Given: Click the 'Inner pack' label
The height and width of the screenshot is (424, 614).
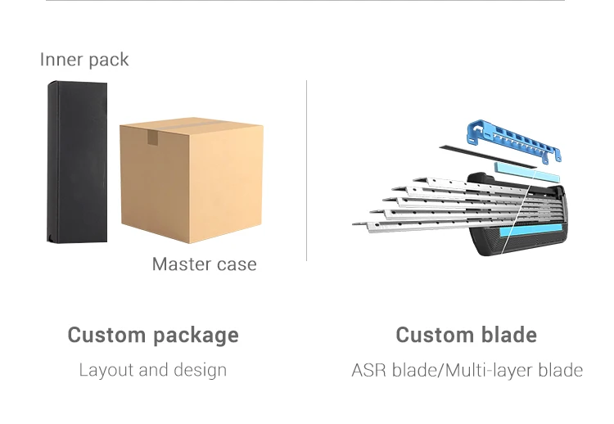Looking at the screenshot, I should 84,60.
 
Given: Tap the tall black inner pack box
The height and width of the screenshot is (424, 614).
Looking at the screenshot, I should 77,161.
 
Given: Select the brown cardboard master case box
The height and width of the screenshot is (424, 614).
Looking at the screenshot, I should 191,180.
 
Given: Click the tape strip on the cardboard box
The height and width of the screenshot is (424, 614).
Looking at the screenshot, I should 152,135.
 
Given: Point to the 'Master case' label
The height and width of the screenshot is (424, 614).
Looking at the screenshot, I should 204,264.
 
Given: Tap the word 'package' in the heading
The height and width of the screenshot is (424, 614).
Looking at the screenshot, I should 197,336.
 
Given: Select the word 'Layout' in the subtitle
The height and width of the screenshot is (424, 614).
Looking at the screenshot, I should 106,370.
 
